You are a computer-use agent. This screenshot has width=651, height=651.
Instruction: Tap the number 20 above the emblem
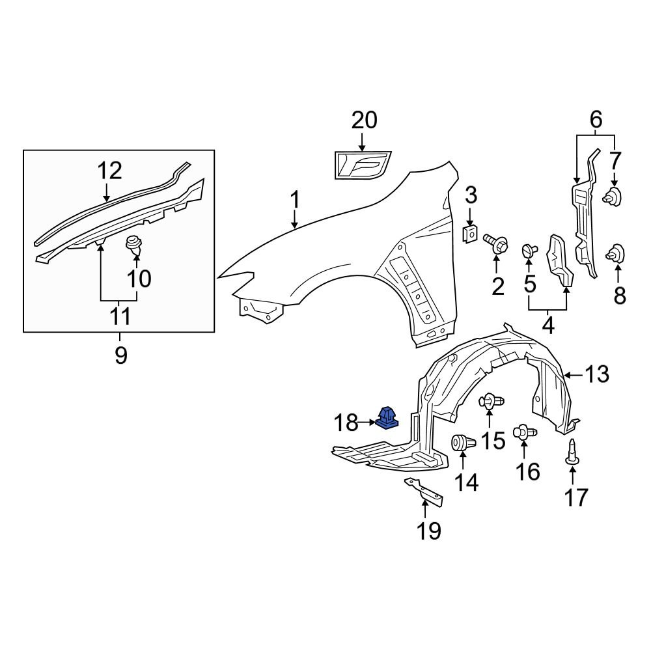pyautogui.click(x=364, y=120)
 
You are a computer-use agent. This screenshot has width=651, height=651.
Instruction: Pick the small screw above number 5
pyautogui.click(x=529, y=251)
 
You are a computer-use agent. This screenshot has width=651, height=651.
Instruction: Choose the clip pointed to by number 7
pyautogui.click(x=613, y=195)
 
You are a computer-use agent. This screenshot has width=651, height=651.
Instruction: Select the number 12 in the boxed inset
pyautogui.click(x=110, y=171)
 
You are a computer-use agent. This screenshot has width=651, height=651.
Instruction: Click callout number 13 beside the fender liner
pyautogui.click(x=596, y=374)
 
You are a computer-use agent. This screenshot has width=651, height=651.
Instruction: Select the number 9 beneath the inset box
pyautogui.click(x=120, y=355)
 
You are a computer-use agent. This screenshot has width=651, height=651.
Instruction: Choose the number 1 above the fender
pyautogui.click(x=295, y=200)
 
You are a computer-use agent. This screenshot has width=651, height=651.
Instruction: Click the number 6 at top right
pyautogui.click(x=596, y=120)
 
